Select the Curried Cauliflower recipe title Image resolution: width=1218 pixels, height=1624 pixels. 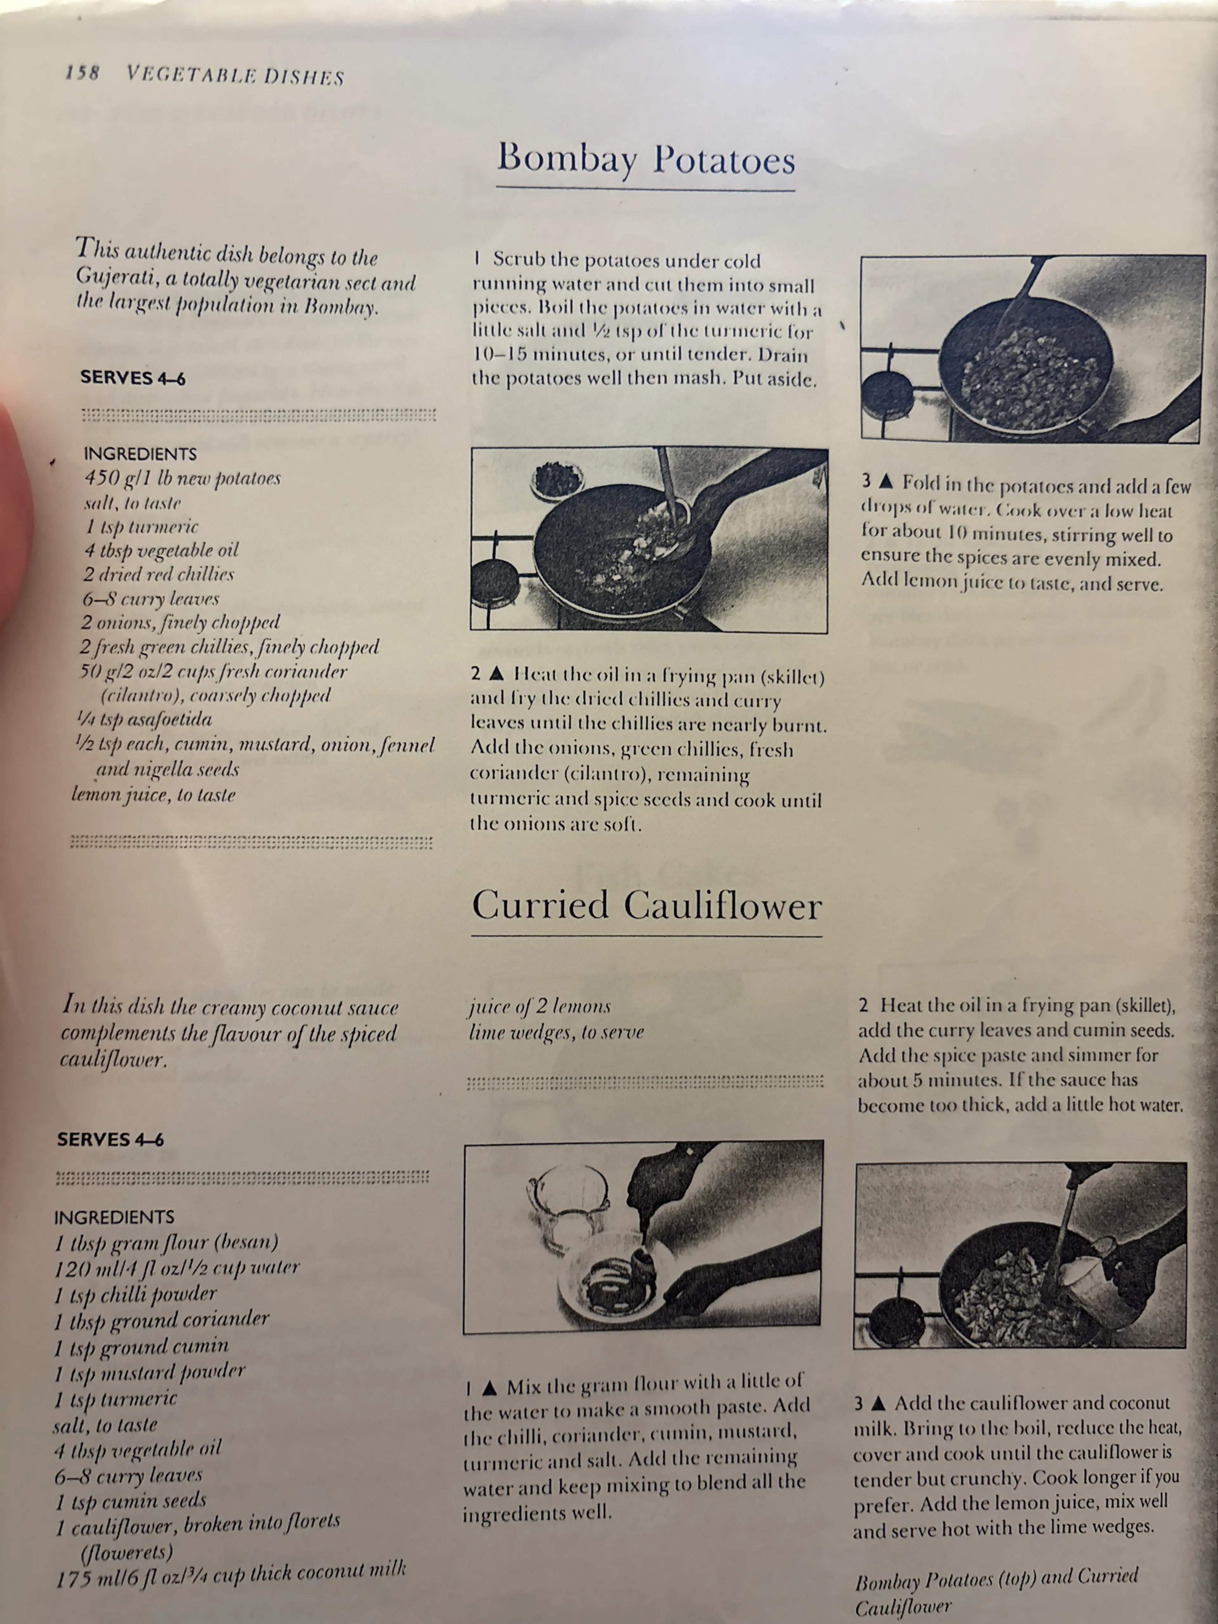(x=646, y=905)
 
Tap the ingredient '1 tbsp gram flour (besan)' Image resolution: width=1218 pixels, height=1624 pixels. (x=166, y=1242)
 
